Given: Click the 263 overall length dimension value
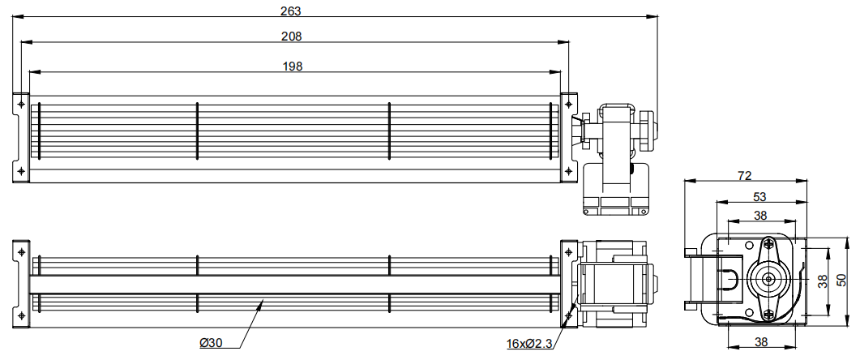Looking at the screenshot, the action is [x=291, y=11].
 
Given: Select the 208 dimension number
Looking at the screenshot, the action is [x=291, y=36].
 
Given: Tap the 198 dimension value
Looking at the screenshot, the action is [x=293, y=66].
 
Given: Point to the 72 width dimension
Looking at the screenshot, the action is [x=744, y=176].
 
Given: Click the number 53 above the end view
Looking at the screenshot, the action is [x=759, y=196].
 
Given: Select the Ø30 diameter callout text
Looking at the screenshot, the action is [x=211, y=343].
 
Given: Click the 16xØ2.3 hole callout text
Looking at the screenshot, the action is [x=529, y=344].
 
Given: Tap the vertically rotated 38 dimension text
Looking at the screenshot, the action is [x=822, y=281].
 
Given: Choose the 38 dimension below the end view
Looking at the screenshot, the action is [x=761, y=342].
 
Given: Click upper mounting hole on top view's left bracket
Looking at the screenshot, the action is [x=21, y=103].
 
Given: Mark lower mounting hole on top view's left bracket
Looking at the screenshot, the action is [x=21, y=171].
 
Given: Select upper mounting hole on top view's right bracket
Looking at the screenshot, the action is [x=568, y=103].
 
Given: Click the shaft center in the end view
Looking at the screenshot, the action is [x=768, y=279].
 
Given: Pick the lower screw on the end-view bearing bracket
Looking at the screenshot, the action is [x=768, y=315].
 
